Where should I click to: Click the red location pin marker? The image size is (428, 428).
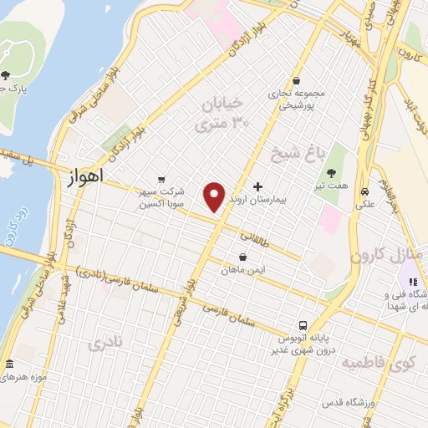tap(215, 196)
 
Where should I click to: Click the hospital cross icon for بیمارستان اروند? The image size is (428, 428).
tap(257, 186)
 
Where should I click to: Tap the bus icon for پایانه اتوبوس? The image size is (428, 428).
tap(302, 325)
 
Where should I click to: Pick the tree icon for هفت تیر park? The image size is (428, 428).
tap(333, 172)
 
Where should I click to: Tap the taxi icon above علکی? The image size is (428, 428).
tap(364, 190)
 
